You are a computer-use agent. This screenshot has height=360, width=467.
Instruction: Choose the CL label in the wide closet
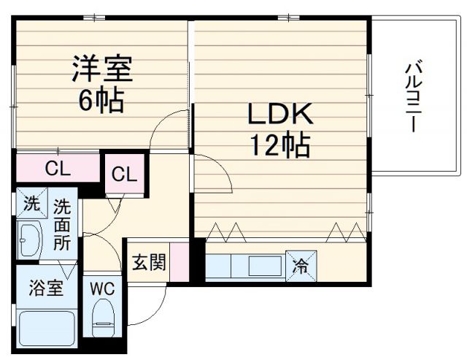(58, 169)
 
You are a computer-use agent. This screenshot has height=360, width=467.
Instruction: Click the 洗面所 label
(62, 225)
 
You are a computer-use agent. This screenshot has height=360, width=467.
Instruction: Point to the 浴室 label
(45, 287)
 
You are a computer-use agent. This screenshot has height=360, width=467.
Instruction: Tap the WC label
(101, 288)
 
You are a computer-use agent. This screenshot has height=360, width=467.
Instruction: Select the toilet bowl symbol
(102, 319)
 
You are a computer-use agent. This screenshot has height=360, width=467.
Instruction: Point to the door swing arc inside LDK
(216, 175)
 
